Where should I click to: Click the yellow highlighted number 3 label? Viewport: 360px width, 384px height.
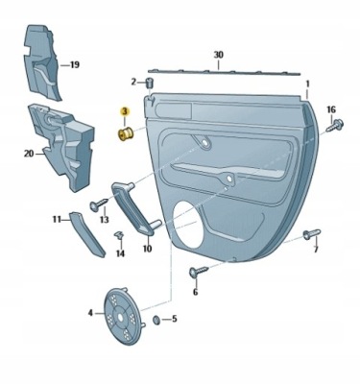124,111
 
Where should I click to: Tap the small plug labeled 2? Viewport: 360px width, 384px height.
150,83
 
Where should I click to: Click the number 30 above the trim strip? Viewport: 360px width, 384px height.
219,55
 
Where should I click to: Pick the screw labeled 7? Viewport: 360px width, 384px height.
311,235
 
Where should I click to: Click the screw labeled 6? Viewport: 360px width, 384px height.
199,271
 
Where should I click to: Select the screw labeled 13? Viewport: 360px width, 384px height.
100,204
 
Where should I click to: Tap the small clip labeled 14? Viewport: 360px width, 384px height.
119,236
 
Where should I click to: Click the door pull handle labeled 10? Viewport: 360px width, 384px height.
134,208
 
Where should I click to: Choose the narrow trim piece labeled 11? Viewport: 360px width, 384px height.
87,234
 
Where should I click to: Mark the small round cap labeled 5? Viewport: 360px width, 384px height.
156,320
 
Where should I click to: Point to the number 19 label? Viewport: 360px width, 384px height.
75,65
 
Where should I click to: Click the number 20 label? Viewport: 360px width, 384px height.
29,154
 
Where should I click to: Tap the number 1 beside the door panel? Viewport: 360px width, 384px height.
307,84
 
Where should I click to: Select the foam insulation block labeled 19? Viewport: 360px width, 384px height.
42,62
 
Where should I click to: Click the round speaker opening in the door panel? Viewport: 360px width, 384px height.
189,226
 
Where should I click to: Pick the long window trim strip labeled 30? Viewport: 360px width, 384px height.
224,72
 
